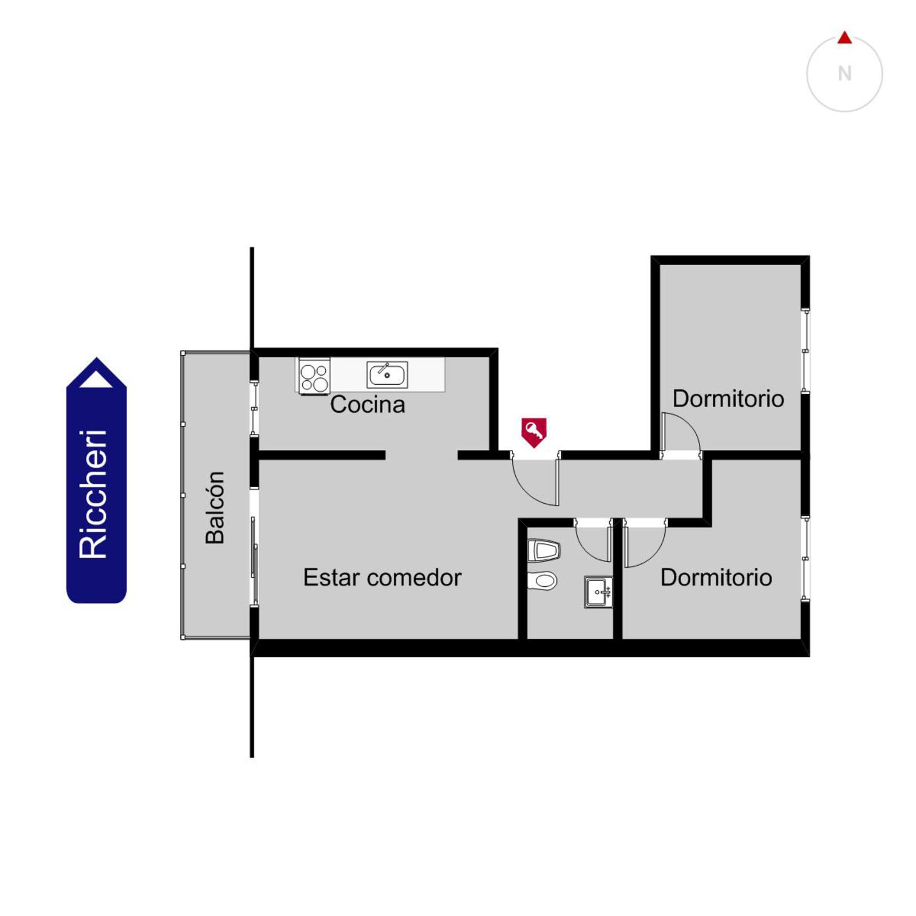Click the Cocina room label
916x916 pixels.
pos(368,405)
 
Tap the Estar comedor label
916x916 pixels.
pos(382,578)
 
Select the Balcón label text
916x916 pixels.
pos(215,507)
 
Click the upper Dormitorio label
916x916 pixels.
pos(728,399)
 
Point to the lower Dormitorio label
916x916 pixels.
pos(716,578)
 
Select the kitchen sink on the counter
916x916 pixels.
pos(387,374)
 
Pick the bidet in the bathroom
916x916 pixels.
pos(543,551)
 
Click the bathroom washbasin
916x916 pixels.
pos(598,592)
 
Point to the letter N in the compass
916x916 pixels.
pos(844,74)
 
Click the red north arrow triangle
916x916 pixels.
pos(844,38)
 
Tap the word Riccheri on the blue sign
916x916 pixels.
pos(93,494)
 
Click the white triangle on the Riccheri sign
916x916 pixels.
pos(96,379)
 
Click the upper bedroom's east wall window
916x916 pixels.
pos(805,350)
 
